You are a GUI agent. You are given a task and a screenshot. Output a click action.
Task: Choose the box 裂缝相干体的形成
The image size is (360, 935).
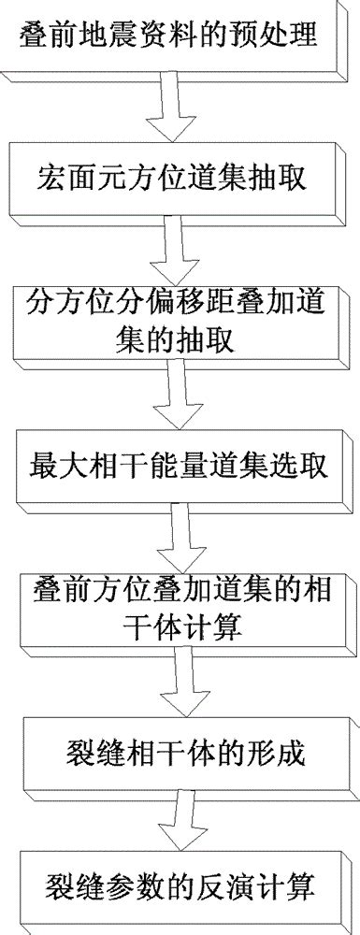tap(182, 751)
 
